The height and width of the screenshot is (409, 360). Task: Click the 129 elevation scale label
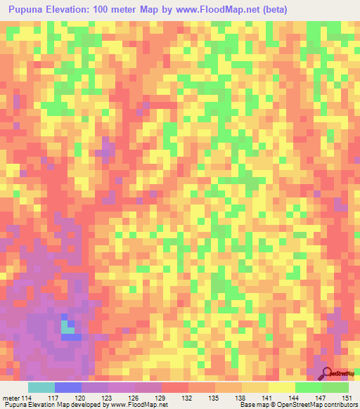pyautogui.click(x=160, y=398)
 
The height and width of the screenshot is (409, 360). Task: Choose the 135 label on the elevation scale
pyautogui.click(x=214, y=398)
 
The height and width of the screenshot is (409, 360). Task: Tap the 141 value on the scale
pyautogui.click(x=267, y=398)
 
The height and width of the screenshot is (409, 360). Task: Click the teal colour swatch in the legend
pyautogui.click(x=41, y=387)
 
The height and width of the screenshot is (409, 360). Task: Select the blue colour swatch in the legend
pyautogui.click(x=68, y=387)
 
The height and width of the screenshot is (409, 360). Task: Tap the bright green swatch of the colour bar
pyautogui.click(x=308, y=387)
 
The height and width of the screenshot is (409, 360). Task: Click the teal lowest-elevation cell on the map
pyautogui.click(x=67, y=326)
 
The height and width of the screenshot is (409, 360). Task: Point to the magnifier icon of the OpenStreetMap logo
pyautogui.click(x=326, y=373)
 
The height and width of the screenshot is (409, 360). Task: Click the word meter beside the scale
pyautogui.click(x=10, y=398)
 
